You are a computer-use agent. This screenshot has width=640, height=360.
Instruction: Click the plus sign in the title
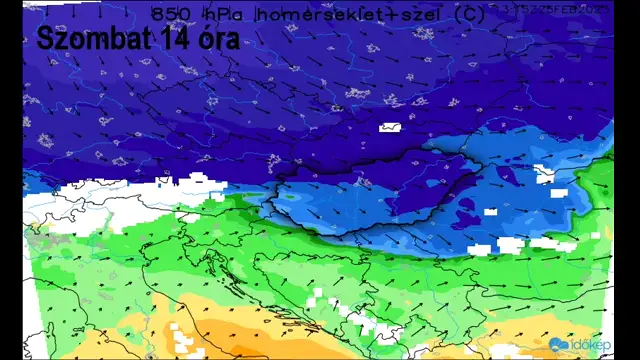tap(366, 14)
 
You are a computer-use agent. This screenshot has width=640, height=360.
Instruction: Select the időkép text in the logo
tap(591, 345)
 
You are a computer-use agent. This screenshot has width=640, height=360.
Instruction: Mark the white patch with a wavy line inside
tap(390, 127)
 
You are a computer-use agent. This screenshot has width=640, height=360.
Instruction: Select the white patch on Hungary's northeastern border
tap(544, 173)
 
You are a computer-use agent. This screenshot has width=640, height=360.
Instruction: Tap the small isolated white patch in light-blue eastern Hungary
tap(491, 211)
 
